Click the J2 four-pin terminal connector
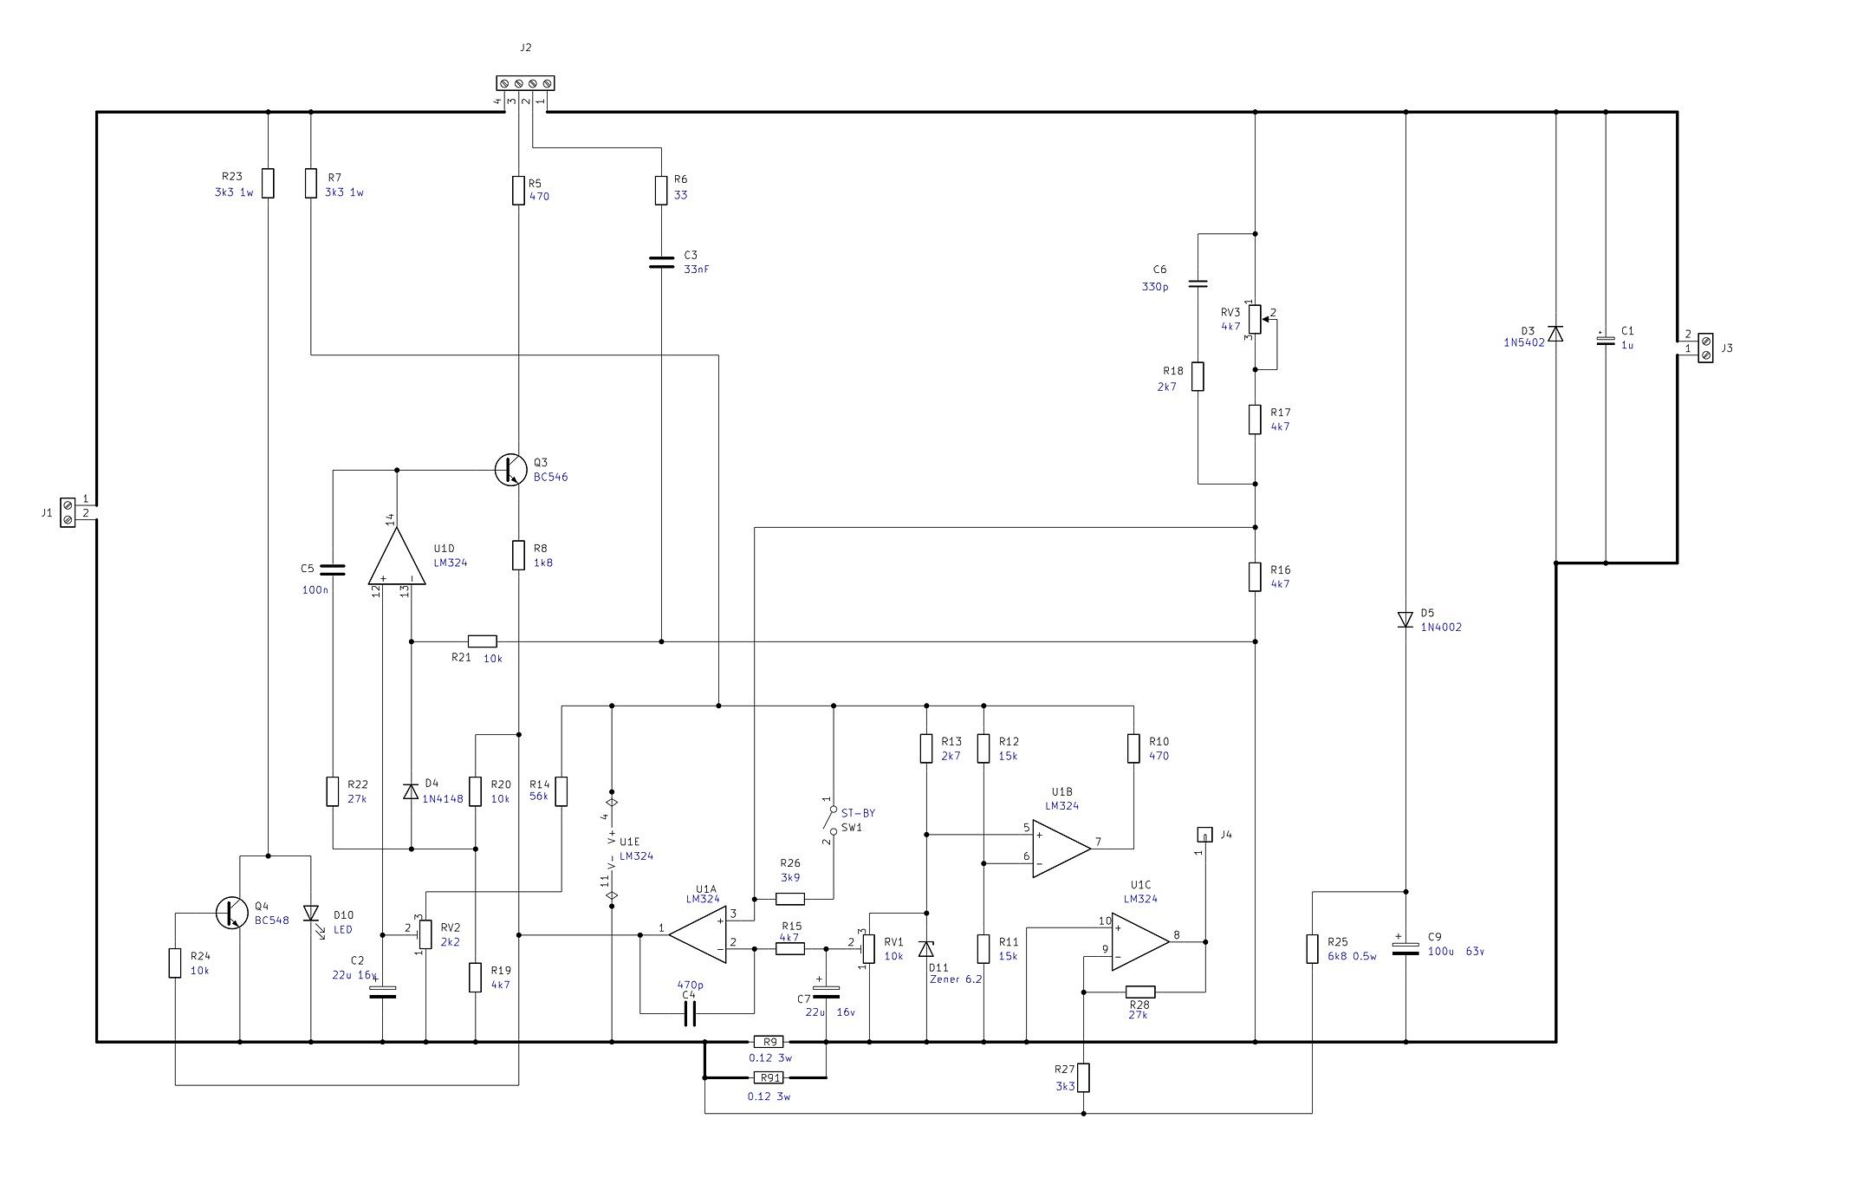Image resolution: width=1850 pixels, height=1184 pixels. pos(525,83)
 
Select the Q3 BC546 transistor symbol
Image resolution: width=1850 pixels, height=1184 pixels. pos(510,469)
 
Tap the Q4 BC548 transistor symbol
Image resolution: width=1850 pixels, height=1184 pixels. pos(231,913)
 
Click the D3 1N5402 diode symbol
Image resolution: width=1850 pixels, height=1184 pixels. pos(1555,334)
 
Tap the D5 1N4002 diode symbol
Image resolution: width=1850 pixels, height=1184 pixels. pos(1405,620)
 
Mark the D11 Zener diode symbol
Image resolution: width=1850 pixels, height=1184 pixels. pos(926,948)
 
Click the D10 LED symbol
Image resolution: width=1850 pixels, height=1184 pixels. pos(311,914)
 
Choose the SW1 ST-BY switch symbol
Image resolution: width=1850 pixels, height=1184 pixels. pos(832,820)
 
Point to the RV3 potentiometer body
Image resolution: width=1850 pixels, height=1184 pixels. pos(1255,319)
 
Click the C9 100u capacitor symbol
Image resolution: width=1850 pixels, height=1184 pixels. pos(1405,947)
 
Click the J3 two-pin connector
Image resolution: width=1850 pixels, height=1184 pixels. pos(1704,348)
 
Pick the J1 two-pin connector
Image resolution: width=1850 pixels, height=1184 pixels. pos(68,512)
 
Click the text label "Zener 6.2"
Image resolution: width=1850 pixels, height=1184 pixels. pos(956,980)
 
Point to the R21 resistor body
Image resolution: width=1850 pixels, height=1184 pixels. pos(483,641)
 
